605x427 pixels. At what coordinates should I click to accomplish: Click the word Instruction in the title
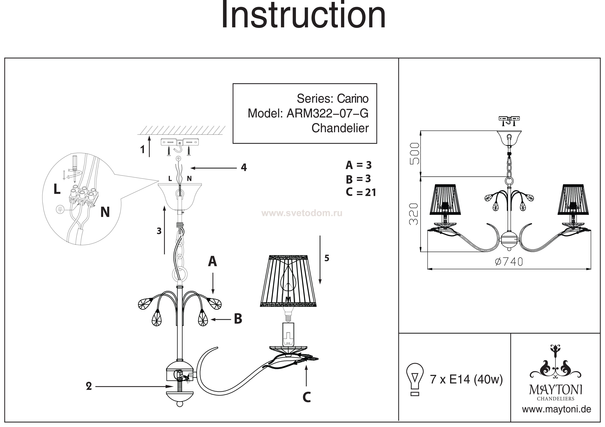pos(304,14)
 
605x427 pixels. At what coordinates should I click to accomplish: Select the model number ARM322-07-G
pos(328,113)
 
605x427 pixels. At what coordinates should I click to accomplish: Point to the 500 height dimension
pos(414,153)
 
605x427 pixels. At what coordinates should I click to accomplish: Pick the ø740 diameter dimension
pos(509,262)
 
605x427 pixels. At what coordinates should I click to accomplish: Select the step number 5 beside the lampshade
pos(327,258)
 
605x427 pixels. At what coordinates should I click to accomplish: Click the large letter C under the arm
pos(307,397)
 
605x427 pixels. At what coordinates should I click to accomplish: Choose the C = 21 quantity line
pos(361,192)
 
